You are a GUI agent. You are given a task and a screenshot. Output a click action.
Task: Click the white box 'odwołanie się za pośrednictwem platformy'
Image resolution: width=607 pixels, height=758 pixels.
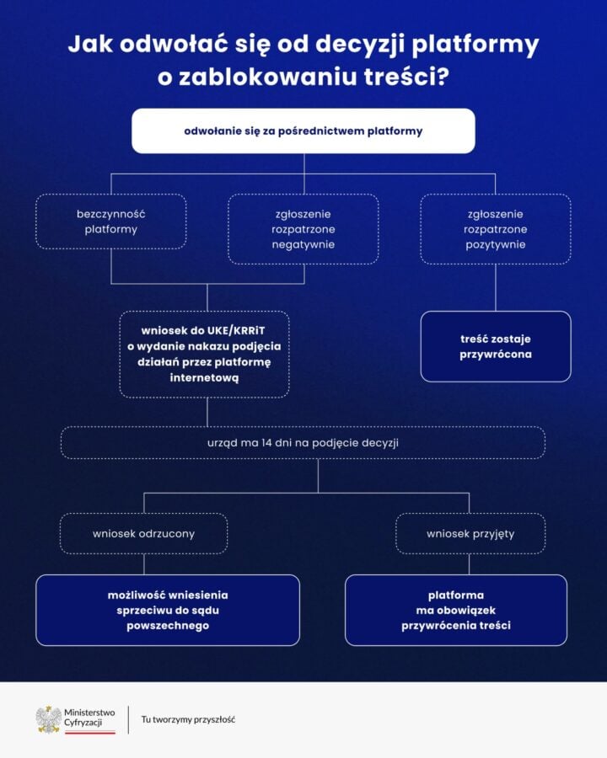point(303,131)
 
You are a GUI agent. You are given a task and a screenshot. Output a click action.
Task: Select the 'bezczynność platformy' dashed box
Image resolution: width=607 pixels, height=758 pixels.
point(110,222)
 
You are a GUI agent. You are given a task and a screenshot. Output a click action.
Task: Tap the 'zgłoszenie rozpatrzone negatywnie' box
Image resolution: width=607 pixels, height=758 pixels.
point(303,228)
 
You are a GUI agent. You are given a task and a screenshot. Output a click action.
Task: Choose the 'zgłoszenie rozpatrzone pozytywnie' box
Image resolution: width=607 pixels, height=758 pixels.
point(495,228)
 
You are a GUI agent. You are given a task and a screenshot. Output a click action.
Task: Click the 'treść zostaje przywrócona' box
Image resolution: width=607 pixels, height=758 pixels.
point(495,346)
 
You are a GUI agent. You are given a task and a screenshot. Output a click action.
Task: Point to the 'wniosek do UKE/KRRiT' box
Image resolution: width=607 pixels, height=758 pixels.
point(204,354)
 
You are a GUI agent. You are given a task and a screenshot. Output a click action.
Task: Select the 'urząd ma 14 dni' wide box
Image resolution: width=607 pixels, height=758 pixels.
point(303,442)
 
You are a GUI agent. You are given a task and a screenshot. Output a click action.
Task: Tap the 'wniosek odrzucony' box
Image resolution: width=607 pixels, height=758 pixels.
point(143,533)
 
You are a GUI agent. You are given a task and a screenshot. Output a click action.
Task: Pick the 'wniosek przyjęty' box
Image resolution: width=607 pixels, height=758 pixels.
point(470,533)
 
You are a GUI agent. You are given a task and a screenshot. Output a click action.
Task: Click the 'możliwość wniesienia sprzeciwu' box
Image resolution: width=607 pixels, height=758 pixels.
point(168,610)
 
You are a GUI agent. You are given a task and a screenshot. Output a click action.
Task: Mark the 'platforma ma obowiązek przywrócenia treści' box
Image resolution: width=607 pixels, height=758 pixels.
point(456,610)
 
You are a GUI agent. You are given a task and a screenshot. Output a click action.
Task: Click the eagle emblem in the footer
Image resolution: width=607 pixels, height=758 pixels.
point(48,718)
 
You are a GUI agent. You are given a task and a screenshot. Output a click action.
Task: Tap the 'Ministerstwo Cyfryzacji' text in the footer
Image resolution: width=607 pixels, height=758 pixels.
point(89,718)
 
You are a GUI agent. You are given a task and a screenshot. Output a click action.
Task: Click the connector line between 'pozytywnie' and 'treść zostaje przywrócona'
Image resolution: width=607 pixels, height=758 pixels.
point(495,288)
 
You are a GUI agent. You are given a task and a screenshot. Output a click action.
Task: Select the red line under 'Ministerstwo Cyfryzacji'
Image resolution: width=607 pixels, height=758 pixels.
point(89,732)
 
